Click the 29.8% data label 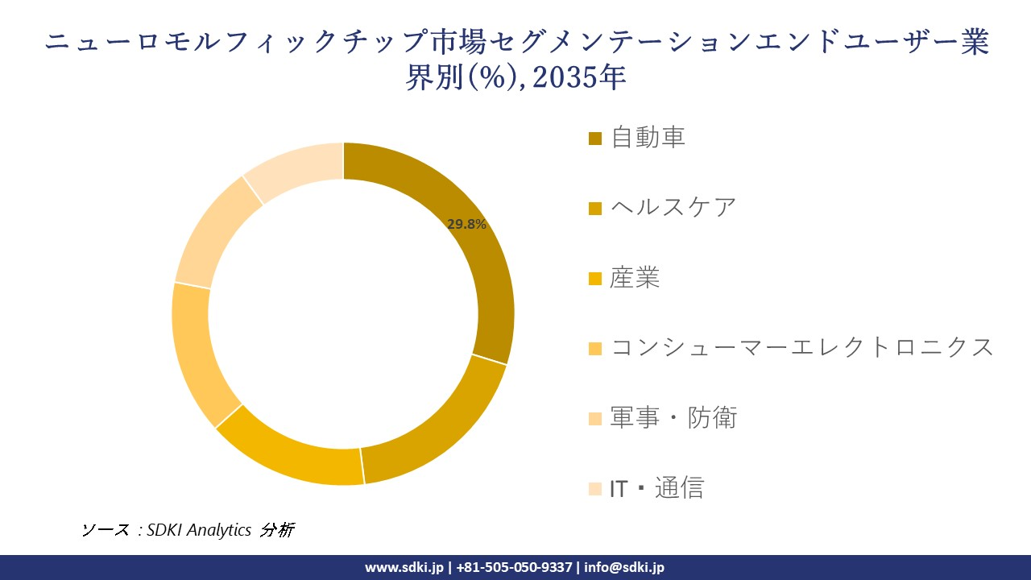click(466, 225)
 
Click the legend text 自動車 click(648, 137)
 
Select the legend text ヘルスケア click(673, 207)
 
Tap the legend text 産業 click(635, 277)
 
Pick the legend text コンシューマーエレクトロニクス click(802, 347)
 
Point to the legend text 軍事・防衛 click(673, 417)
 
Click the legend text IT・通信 click(656, 487)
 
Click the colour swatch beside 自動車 click(595, 139)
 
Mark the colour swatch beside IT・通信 click(595, 489)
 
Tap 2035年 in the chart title click(579, 78)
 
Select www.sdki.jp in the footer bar click(404, 567)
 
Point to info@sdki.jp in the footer click(625, 567)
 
